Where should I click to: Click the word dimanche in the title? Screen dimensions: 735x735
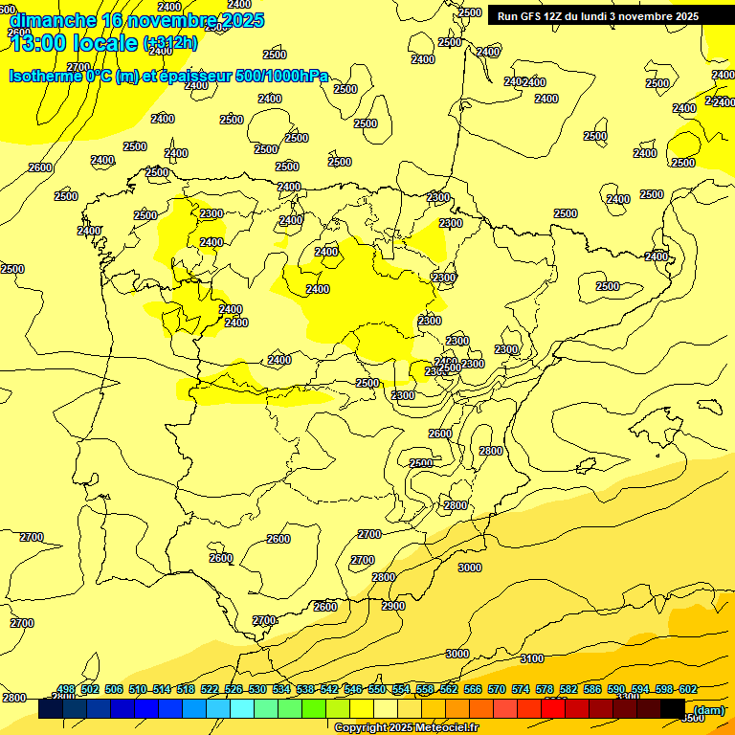point(53,19)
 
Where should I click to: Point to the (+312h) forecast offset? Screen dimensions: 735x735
point(170,42)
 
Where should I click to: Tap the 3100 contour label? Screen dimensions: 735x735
point(532,658)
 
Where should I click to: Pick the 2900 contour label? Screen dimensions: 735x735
point(393,606)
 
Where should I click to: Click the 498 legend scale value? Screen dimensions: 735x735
point(66,690)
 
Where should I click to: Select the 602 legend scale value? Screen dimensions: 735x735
point(688,690)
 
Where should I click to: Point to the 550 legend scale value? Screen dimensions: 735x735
point(377,690)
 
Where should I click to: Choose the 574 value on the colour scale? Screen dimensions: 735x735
point(521,690)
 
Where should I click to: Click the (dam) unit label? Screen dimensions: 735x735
point(709,709)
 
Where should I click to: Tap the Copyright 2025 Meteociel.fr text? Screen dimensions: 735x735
point(406,728)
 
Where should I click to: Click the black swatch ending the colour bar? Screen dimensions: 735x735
point(673,709)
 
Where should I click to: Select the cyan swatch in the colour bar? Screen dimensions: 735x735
point(242,709)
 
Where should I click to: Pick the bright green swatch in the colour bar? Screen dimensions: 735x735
point(314,709)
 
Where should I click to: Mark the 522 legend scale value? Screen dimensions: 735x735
point(210,690)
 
